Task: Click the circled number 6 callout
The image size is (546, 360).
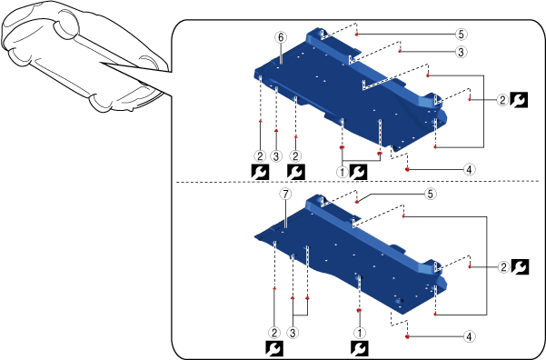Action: pyautogui.click(x=281, y=37)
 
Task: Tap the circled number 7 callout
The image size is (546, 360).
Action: pyautogui.click(x=285, y=195)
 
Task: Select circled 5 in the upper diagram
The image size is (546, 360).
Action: pyautogui.click(x=461, y=35)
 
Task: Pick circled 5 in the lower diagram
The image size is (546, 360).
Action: pyautogui.click(x=430, y=194)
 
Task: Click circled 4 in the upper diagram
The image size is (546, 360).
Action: pyautogui.click(x=469, y=170)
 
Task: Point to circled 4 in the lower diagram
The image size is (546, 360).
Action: pyautogui.click(x=469, y=336)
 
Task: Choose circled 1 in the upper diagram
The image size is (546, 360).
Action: pyautogui.click(x=342, y=172)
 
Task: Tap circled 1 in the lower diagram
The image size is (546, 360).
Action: pyautogui.click(x=360, y=333)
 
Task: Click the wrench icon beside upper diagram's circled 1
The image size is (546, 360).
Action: pyautogui.click(x=358, y=172)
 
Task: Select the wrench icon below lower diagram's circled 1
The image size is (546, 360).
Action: pyautogui.click(x=360, y=349)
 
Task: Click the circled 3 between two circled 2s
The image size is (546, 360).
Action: pyautogui.click(x=276, y=156)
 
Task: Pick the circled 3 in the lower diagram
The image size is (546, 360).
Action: pyautogui.click(x=293, y=333)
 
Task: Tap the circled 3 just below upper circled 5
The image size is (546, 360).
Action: pyautogui.click(x=461, y=52)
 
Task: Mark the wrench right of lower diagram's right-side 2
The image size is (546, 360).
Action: pyautogui.click(x=520, y=267)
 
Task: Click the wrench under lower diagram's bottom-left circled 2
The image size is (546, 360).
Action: pyautogui.click(x=274, y=349)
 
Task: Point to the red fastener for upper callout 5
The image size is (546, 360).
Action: pyautogui.click(x=356, y=35)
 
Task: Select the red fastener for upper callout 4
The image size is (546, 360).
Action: pyautogui.click(x=407, y=169)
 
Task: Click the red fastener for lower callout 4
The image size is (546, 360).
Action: pyautogui.click(x=407, y=336)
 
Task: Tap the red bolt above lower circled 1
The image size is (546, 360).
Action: pyautogui.click(x=360, y=310)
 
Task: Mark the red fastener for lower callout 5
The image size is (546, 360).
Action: pyautogui.click(x=356, y=202)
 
